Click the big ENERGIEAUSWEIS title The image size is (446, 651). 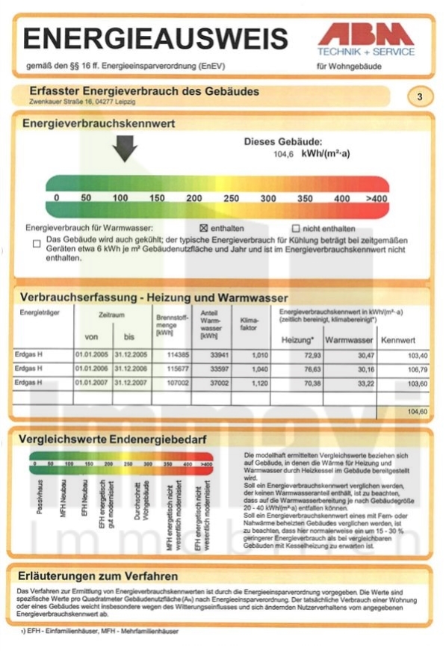pos(155,39)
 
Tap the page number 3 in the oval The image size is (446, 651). pos(420,96)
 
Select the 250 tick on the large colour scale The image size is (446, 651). pos(231,198)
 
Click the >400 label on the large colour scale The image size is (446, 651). pos(377,198)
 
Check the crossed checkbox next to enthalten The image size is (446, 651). pos(202,228)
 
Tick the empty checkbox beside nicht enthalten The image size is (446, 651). pos(296,228)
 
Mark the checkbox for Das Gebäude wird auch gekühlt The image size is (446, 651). pos(37,242)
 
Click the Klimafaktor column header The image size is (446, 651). pos(250,324)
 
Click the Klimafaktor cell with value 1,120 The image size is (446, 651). pos(259,383)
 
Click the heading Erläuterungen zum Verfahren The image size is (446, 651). pos(99,576)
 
